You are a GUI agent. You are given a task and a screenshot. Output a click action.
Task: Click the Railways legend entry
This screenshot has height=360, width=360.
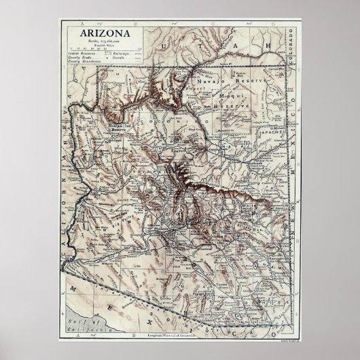tap(122, 54)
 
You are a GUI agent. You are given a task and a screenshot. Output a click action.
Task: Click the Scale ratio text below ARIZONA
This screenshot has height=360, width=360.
tap(107, 41)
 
